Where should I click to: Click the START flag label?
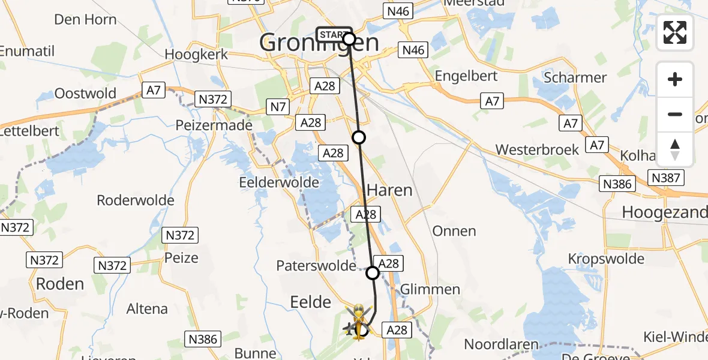coord(332,35)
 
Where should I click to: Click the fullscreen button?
coord(675,32)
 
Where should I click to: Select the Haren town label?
coord(389,191)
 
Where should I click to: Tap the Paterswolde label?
coord(316,265)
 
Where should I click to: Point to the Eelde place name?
coord(310,301)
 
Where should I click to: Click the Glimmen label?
coord(430,289)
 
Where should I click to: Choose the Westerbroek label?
coord(537,149)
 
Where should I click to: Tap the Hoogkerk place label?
coord(196,54)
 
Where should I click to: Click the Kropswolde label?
coord(607,259)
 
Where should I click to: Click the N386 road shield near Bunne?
coord(203,340)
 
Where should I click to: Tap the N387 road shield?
coord(665,178)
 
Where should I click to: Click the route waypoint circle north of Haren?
coord(359,137)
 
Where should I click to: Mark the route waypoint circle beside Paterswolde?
coord(373,274)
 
